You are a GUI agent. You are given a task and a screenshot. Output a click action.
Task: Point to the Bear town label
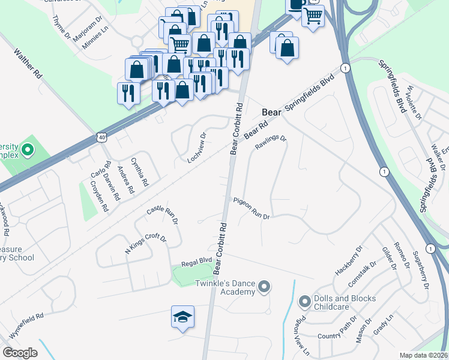tap(271, 112)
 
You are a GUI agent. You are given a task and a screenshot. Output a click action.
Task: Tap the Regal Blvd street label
tap(197, 261)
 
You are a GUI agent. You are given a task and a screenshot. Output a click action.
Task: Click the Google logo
tap(20, 353)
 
